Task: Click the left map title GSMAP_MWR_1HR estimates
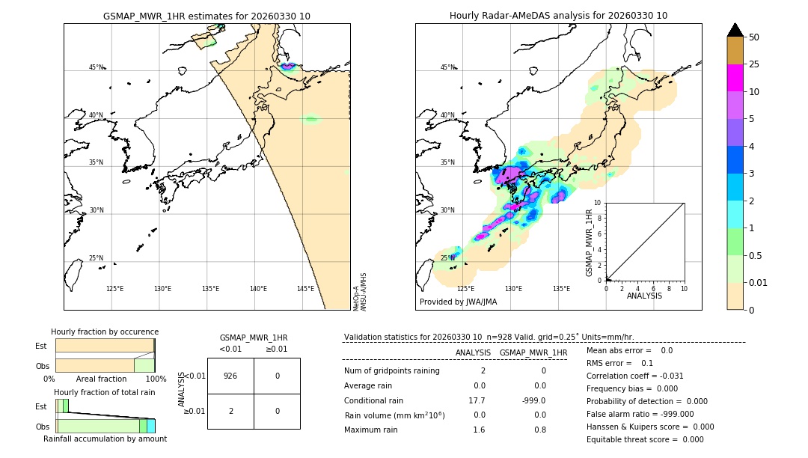coord(206,16)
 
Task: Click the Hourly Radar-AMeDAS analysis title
coord(558,16)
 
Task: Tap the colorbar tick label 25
coord(754,65)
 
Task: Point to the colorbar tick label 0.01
coord(759,283)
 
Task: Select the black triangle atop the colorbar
coord(735,30)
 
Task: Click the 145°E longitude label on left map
coord(305,289)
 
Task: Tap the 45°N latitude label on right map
coord(447,67)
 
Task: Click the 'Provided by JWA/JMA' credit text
coord(458,302)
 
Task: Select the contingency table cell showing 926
coord(230,376)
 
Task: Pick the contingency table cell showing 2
coord(230,411)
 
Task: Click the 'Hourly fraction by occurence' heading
coord(105,332)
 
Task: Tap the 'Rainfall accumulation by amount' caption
coord(105,439)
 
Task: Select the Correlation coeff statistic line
coord(635,376)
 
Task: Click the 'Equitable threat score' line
coord(645,439)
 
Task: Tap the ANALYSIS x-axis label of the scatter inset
coord(644,296)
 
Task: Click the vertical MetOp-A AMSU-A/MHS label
coord(359,291)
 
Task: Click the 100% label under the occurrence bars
coord(155,379)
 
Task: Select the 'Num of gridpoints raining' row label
coord(392,371)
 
